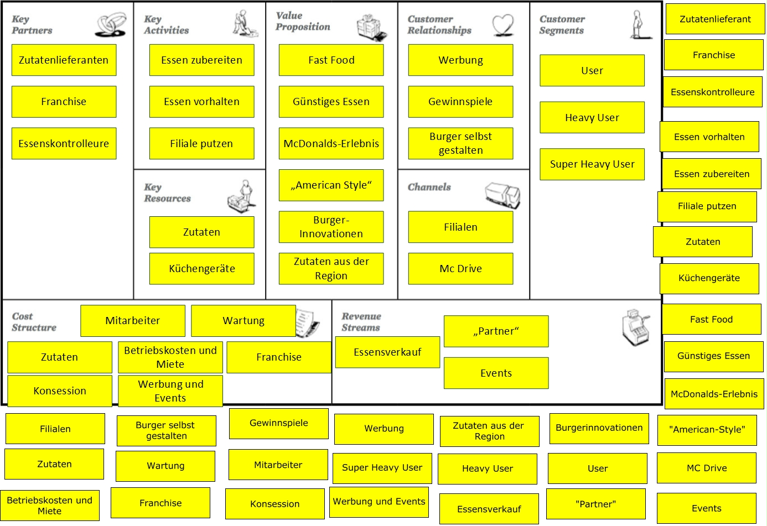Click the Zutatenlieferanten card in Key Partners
[64, 60]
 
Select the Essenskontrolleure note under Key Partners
[64, 144]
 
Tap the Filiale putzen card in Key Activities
[201, 144]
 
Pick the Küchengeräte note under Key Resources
[201, 269]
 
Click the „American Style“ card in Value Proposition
[331, 185]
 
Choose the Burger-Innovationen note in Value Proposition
[331, 227]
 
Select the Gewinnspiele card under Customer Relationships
[460, 102]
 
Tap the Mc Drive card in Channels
[460, 269]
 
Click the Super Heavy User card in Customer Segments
[592, 164]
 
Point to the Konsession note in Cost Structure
[60, 391]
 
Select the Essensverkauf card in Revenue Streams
[387, 352]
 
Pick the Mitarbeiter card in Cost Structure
[133, 321]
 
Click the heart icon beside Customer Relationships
[503, 25]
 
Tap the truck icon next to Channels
[502, 195]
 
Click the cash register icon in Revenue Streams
[635, 327]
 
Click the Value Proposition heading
[303, 21]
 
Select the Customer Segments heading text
[562, 25]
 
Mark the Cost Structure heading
[34, 322]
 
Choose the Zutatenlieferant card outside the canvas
[715, 19]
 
